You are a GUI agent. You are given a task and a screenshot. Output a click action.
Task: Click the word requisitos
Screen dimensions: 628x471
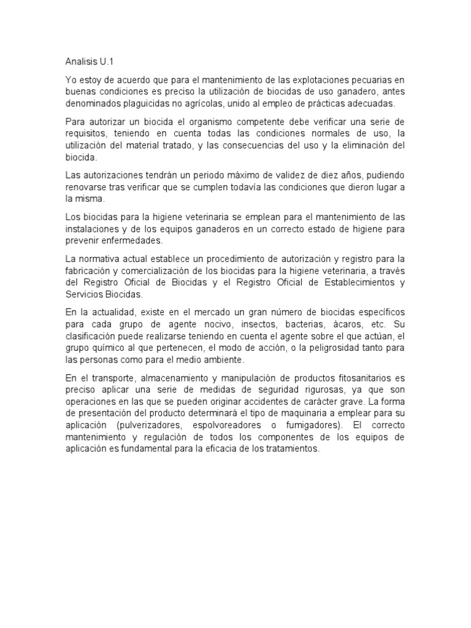86,134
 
